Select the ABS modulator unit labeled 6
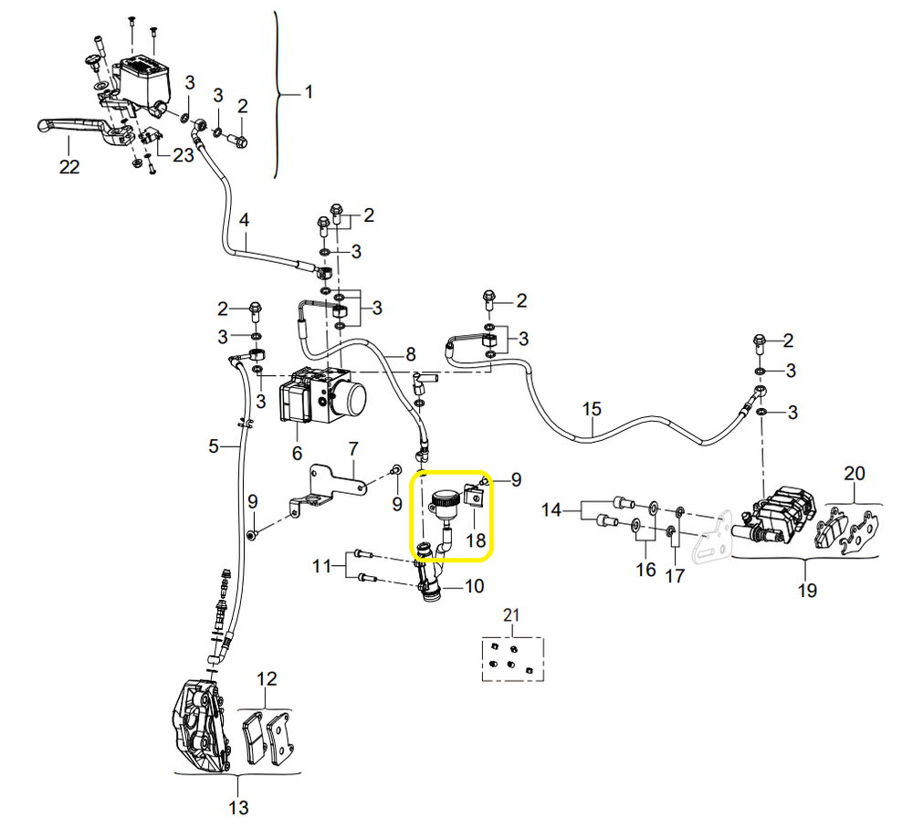pyautogui.click(x=323, y=395)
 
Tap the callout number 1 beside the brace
pyautogui.click(x=309, y=92)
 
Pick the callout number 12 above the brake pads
pyautogui.click(x=267, y=679)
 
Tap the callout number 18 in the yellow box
pyautogui.click(x=476, y=540)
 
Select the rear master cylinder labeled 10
pyautogui.click(x=429, y=574)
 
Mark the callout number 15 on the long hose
pyautogui.click(x=592, y=409)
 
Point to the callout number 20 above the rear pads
pyautogui.click(x=855, y=474)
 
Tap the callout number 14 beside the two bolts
pyautogui.click(x=551, y=510)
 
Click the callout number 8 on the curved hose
pyautogui.click(x=411, y=354)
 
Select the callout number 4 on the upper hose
pyautogui.click(x=244, y=220)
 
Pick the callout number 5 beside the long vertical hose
pyautogui.click(x=214, y=446)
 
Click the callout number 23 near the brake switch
pyautogui.click(x=183, y=155)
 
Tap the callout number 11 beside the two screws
pyautogui.click(x=321, y=566)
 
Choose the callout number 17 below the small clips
pyautogui.click(x=675, y=576)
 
